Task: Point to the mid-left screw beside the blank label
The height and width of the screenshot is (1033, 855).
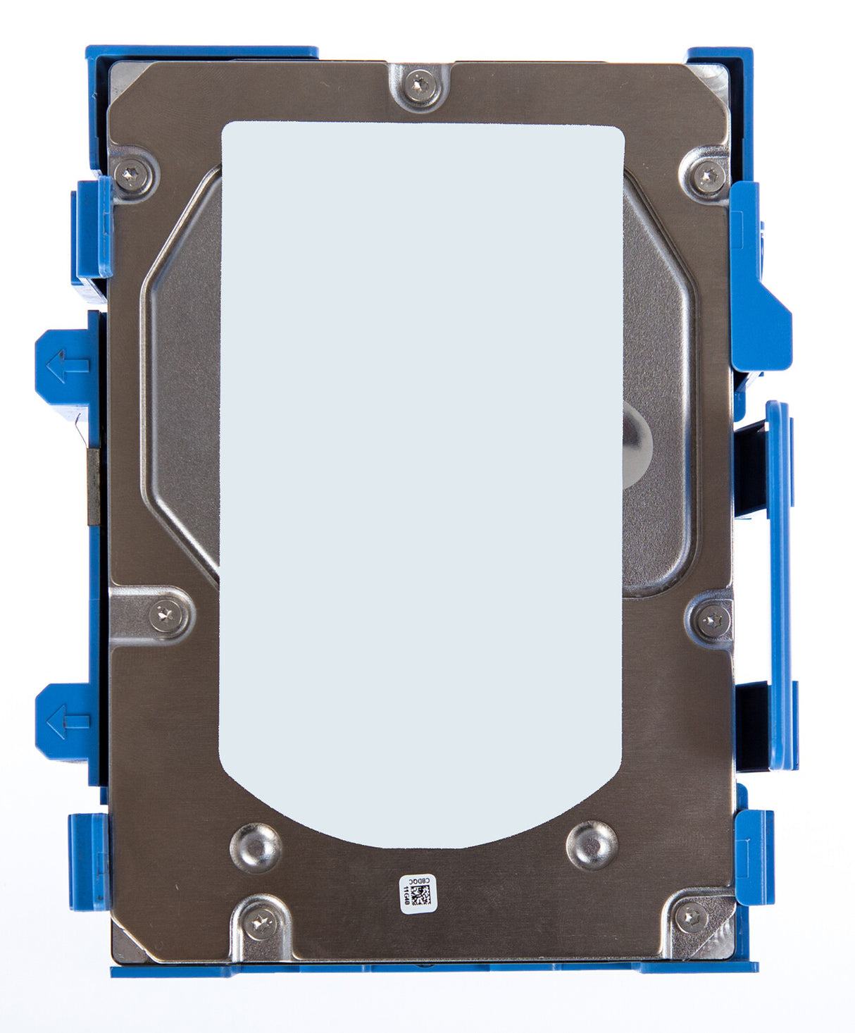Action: pos(168,615)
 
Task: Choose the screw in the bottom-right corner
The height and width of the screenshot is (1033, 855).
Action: pos(692,917)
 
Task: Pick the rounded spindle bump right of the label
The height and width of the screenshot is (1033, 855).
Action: pos(636,444)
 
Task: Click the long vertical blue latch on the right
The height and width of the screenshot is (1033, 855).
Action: pos(778,585)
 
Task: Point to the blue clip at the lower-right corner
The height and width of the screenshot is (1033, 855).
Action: pos(755,856)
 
